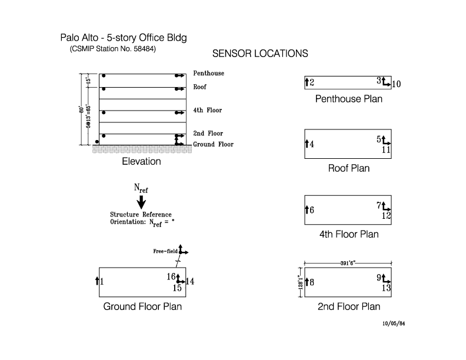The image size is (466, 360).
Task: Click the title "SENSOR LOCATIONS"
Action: click(260, 54)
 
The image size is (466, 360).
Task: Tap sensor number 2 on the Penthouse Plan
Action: click(312, 83)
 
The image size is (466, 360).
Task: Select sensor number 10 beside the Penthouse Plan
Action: click(396, 84)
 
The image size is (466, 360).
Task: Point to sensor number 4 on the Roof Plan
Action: click(312, 144)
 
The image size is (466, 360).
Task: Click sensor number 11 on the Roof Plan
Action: click(387, 150)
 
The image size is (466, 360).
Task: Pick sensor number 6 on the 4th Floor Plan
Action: click(312, 210)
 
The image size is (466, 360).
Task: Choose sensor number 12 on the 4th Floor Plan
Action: click(387, 216)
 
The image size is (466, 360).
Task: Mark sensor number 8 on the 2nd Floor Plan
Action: click(312, 282)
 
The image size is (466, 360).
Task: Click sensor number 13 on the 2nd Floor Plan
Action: click(387, 288)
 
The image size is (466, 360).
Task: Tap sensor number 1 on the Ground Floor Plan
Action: click(101, 282)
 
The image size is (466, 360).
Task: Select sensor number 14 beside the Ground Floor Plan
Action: click(190, 282)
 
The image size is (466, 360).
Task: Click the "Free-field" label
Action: click(165, 251)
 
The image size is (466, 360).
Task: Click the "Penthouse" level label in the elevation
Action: click(208, 74)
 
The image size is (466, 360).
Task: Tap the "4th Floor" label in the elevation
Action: click(208, 110)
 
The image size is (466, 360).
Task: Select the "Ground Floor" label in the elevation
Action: click(213, 144)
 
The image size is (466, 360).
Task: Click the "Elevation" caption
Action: click(141, 161)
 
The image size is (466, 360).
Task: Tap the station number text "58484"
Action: click(145, 48)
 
